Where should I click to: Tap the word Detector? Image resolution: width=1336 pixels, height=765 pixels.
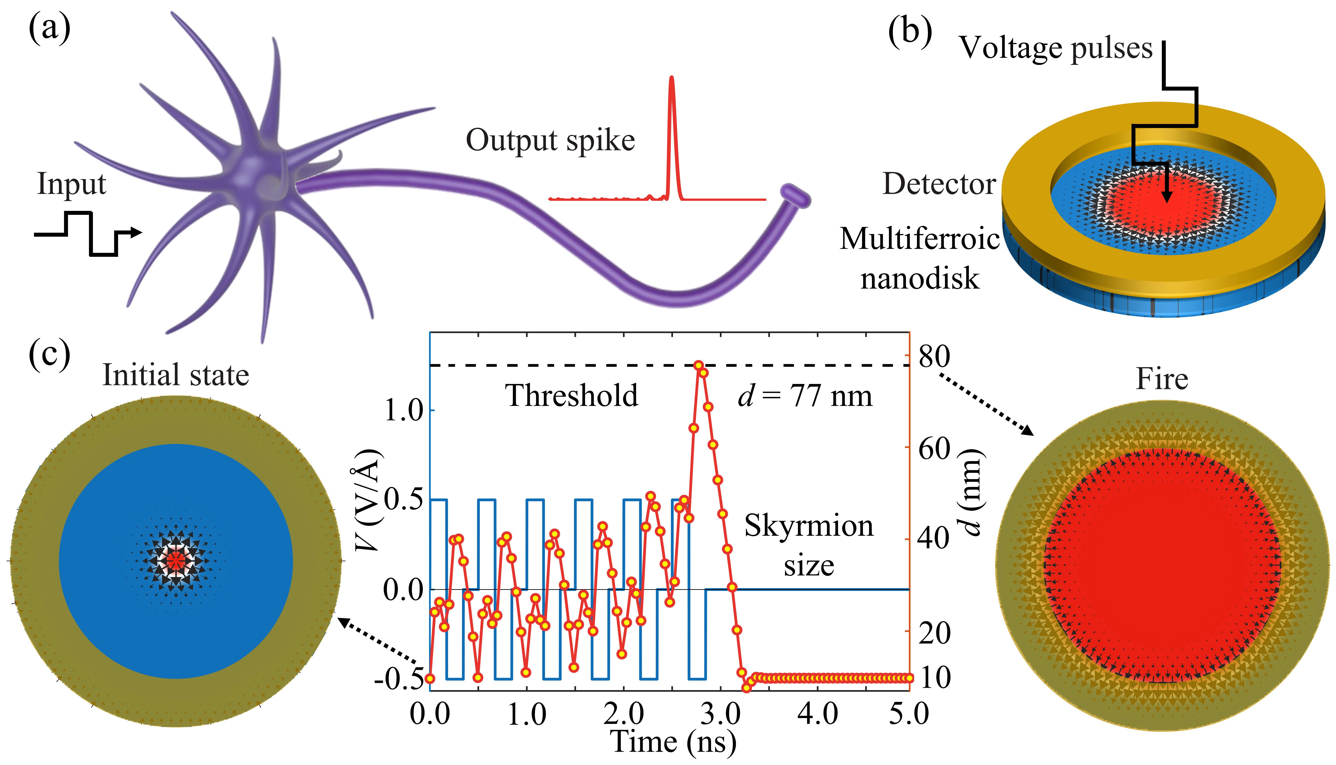point(939,184)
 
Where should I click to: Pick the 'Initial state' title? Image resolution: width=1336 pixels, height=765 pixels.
point(176,375)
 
